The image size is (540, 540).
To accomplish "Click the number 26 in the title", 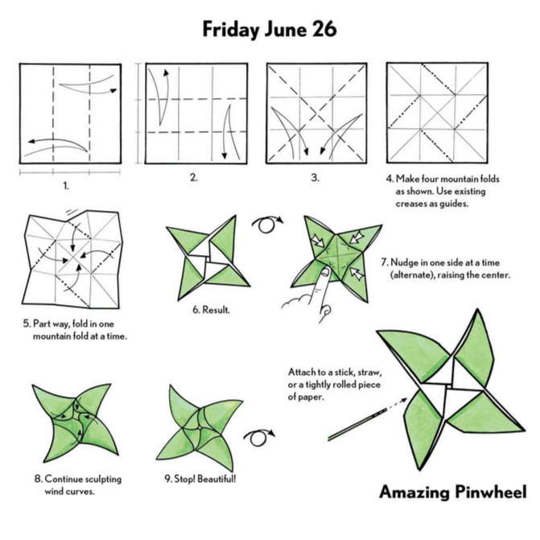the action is click(x=324, y=29).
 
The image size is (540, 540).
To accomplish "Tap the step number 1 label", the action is click(x=66, y=186).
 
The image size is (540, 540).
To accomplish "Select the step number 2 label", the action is click(x=194, y=177).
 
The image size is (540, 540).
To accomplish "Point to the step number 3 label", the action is click(x=315, y=178).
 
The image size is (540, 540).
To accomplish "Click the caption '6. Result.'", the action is click(x=211, y=310).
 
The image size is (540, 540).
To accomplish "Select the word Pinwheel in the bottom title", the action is click(x=491, y=492).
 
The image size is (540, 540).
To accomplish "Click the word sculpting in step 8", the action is click(x=103, y=480).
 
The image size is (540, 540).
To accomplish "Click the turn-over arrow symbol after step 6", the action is click(x=266, y=224).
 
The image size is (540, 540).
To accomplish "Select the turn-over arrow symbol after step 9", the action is click(x=258, y=437).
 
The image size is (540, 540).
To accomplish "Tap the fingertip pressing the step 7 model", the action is click(x=325, y=273).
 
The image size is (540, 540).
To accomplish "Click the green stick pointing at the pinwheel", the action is click(x=357, y=423).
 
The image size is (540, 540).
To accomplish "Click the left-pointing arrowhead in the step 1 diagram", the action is click(x=31, y=141).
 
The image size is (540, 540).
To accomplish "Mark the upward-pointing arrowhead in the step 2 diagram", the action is click(x=167, y=72).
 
